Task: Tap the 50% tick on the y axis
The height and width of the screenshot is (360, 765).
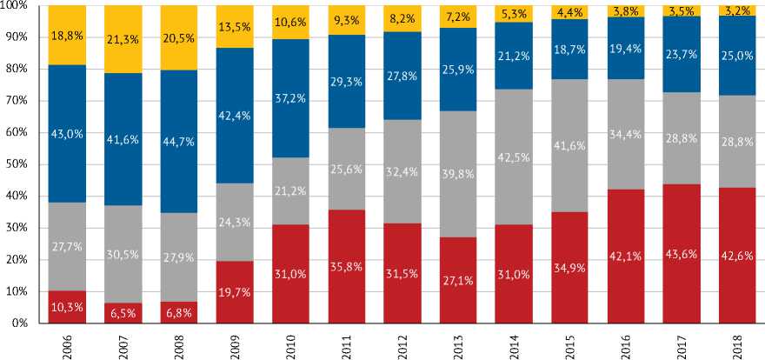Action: tap(17, 164)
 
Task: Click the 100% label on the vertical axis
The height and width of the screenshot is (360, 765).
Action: tap(16, 6)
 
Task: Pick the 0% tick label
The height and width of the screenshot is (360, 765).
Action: tap(20, 323)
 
